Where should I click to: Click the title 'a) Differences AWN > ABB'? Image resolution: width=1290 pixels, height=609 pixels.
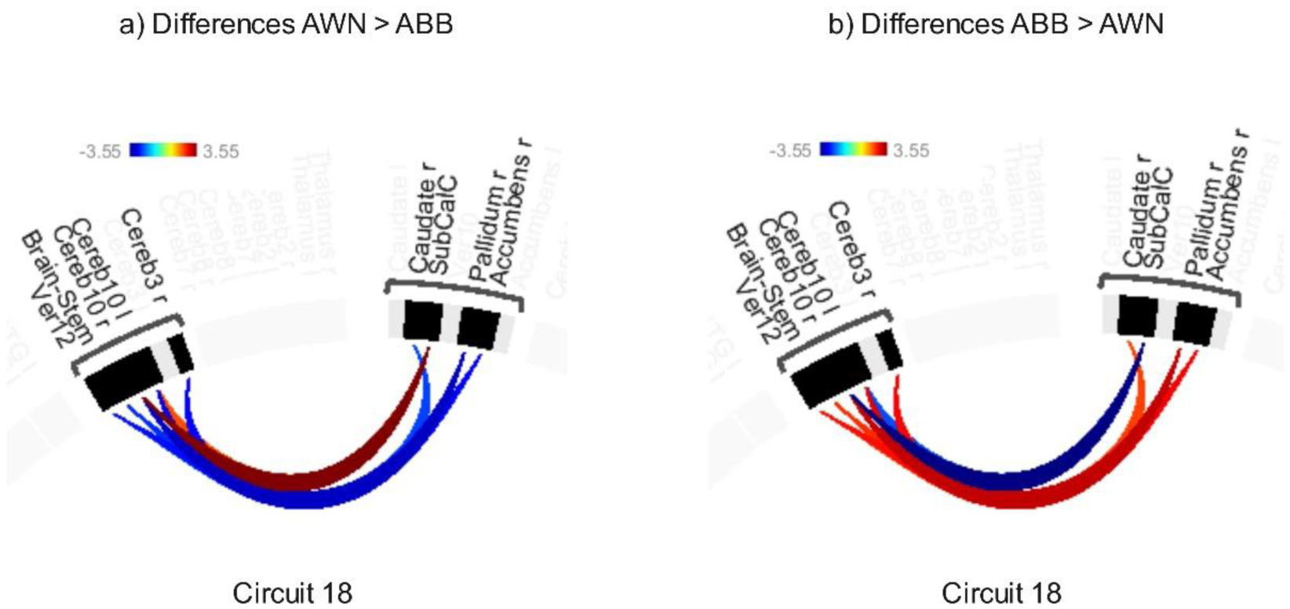pyautogui.click(x=286, y=24)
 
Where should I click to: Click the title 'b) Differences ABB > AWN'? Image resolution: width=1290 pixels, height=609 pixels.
pyautogui.click(x=995, y=24)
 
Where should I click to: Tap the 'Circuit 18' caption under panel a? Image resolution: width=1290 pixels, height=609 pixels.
pyautogui.click(x=292, y=593)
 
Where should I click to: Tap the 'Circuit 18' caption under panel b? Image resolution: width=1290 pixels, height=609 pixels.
pyautogui.click(x=1001, y=593)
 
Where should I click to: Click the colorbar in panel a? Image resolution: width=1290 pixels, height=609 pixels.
pyautogui.click(x=162, y=150)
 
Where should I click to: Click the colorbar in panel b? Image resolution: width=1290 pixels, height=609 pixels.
pyautogui.click(x=853, y=149)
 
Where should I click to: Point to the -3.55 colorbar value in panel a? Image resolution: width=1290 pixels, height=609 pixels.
pyautogui.click(x=100, y=151)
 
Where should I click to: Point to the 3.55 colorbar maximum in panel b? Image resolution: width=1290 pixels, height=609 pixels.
pyautogui.click(x=911, y=150)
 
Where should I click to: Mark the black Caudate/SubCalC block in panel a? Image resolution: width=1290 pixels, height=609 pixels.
pyautogui.click(x=422, y=320)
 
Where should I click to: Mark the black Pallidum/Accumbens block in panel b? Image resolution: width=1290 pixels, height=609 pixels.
pyautogui.click(x=1194, y=323)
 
